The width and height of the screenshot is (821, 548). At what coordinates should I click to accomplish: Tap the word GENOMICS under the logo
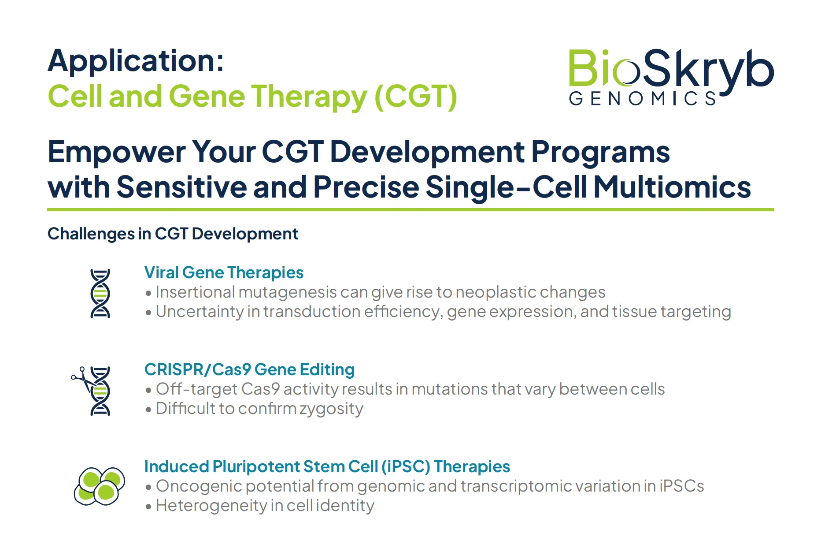coord(643,99)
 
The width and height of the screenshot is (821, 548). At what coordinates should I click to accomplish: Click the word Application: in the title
coord(136,62)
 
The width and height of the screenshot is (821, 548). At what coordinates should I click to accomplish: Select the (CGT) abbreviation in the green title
coord(416,96)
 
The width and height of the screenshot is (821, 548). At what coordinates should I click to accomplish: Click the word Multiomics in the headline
coord(672,187)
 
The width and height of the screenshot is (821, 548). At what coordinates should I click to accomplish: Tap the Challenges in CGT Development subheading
coord(173,234)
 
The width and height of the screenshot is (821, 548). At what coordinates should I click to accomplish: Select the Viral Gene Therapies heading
coord(224,272)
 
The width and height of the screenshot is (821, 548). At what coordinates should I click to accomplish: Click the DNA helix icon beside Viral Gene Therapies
coord(100,294)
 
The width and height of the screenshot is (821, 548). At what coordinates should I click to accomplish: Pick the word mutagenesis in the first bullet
coord(288,292)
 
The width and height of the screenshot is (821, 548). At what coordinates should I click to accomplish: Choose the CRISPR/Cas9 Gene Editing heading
coord(249,369)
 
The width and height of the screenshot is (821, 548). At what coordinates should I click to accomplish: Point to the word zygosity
coord(332,409)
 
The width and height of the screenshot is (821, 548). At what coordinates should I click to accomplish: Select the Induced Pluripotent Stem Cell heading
coord(327,466)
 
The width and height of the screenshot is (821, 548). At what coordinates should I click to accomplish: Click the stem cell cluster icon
coord(100,486)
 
